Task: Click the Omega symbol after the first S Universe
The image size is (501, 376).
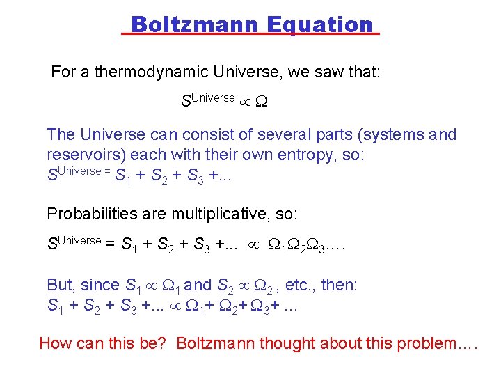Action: click(x=261, y=102)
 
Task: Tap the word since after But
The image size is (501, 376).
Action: click(x=100, y=285)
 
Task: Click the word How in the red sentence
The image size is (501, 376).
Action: click(x=54, y=343)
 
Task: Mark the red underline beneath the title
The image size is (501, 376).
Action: click(x=250, y=34)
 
